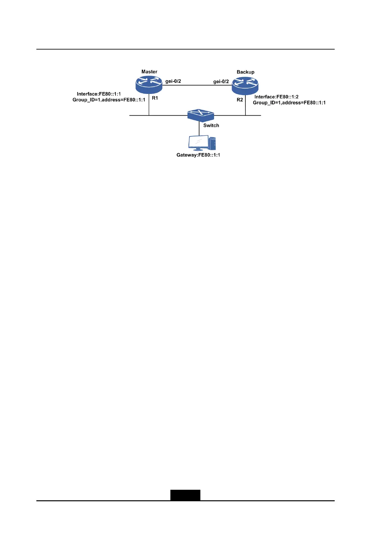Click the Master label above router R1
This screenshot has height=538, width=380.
149,72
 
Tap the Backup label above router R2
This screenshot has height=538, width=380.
245,72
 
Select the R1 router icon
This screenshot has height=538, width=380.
149,84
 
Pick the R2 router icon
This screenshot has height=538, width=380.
245,85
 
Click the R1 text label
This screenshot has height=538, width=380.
155,98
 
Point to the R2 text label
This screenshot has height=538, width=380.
240,100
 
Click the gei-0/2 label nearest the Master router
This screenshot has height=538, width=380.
173,81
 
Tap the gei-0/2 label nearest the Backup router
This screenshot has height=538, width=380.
221,81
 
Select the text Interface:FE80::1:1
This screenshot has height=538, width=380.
99,94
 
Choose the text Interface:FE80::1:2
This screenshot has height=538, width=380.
276,97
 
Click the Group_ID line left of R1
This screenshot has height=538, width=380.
109,100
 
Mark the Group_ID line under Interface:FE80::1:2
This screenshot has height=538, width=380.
289,103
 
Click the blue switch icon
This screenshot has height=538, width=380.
200,115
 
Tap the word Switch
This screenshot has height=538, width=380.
211,126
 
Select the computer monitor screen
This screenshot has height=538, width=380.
198,142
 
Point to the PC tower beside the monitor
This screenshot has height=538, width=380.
212,143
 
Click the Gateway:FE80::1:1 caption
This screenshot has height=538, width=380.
198,155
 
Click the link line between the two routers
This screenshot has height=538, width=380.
197,85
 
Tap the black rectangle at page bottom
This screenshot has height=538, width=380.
185,495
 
